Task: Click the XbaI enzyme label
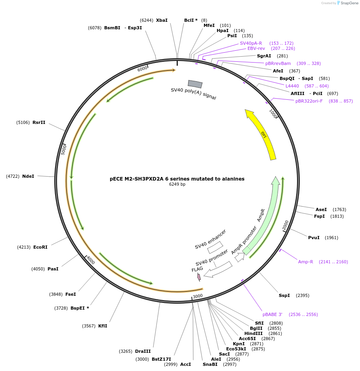click(162, 20)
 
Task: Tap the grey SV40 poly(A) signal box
click(195, 84)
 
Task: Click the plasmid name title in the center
click(177, 179)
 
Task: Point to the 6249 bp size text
click(177, 185)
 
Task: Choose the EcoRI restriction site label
click(40, 247)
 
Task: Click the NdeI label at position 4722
click(28, 176)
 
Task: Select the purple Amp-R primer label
click(305, 262)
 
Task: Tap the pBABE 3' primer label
click(272, 314)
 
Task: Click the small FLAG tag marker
click(199, 277)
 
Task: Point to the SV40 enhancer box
click(215, 247)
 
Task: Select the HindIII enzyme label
click(253, 333)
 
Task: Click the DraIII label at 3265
click(143, 351)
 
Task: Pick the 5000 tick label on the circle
click(64, 149)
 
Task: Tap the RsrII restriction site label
click(39, 122)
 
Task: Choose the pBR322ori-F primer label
click(309, 101)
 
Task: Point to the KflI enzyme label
click(103, 326)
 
